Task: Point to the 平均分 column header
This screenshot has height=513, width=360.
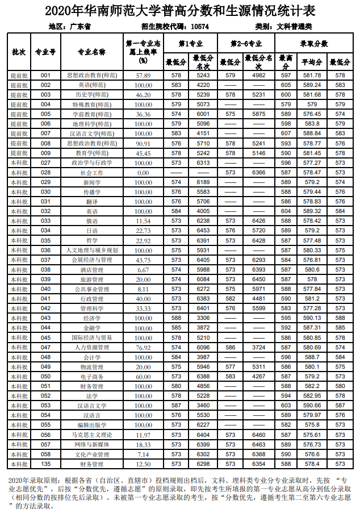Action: [312, 62]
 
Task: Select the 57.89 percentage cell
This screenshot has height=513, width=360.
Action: [143, 75]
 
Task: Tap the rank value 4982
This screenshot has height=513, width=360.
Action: [259, 75]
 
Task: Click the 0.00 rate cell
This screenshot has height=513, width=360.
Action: [143, 172]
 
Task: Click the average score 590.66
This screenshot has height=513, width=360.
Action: [312, 406]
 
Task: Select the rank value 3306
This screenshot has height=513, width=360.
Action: [203, 318]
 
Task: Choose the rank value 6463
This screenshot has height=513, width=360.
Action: [259, 444]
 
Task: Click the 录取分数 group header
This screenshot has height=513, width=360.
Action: [314, 43]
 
